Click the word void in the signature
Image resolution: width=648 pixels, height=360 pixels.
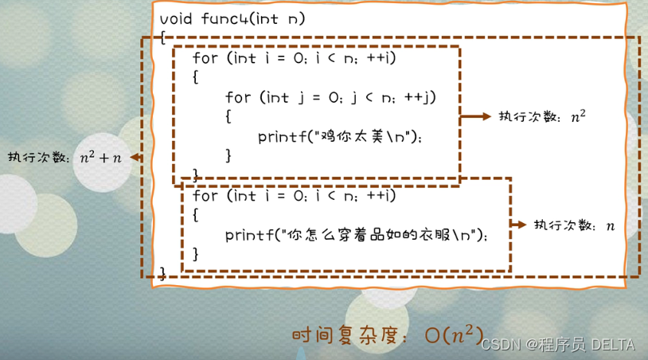pyautogui.click(x=175, y=18)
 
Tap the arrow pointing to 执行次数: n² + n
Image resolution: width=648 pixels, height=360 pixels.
pyautogui.click(x=135, y=158)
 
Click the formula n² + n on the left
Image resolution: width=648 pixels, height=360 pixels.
pyautogui.click(x=100, y=158)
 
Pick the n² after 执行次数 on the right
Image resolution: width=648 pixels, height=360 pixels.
pyautogui.click(x=578, y=116)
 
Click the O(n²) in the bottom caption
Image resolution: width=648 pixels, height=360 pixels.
pyautogui.click(x=455, y=335)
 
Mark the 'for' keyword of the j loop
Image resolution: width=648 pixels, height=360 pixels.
pyautogui.click(x=238, y=97)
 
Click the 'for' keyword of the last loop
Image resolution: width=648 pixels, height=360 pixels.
pyautogui.click(x=205, y=195)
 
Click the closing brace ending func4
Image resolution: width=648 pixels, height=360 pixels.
pyautogui.click(x=162, y=273)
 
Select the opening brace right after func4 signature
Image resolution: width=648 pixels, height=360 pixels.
pyautogui.click(x=162, y=38)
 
